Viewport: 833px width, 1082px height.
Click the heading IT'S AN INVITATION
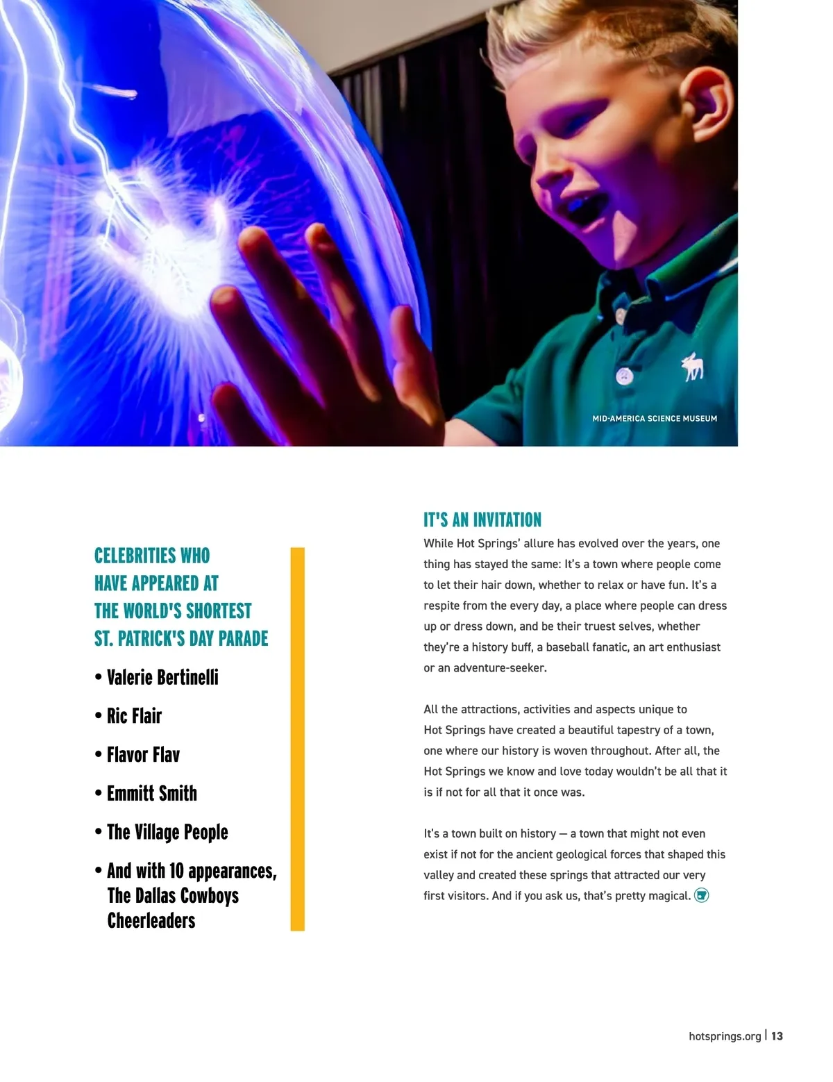[x=482, y=519]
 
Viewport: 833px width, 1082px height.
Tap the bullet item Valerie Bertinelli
[x=162, y=677]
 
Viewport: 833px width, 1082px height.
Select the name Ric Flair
[x=134, y=716]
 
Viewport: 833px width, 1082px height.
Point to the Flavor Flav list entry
[x=143, y=755]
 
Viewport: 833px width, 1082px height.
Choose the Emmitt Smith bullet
[x=151, y=793]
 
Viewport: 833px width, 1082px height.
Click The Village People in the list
[x=167, y=832]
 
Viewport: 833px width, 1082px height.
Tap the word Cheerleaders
[x=151, y=921]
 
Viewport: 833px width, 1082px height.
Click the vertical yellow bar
[x=297, y=738]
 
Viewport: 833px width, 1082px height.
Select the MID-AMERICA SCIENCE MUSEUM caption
[x=655, y=419]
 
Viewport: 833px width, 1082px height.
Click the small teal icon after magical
[x=702, y=895]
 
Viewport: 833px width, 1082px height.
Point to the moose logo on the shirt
[x=692, y=367]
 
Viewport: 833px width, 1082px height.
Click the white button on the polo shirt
[x=624, y=376]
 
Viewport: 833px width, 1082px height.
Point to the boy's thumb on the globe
[x=410, y=347]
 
